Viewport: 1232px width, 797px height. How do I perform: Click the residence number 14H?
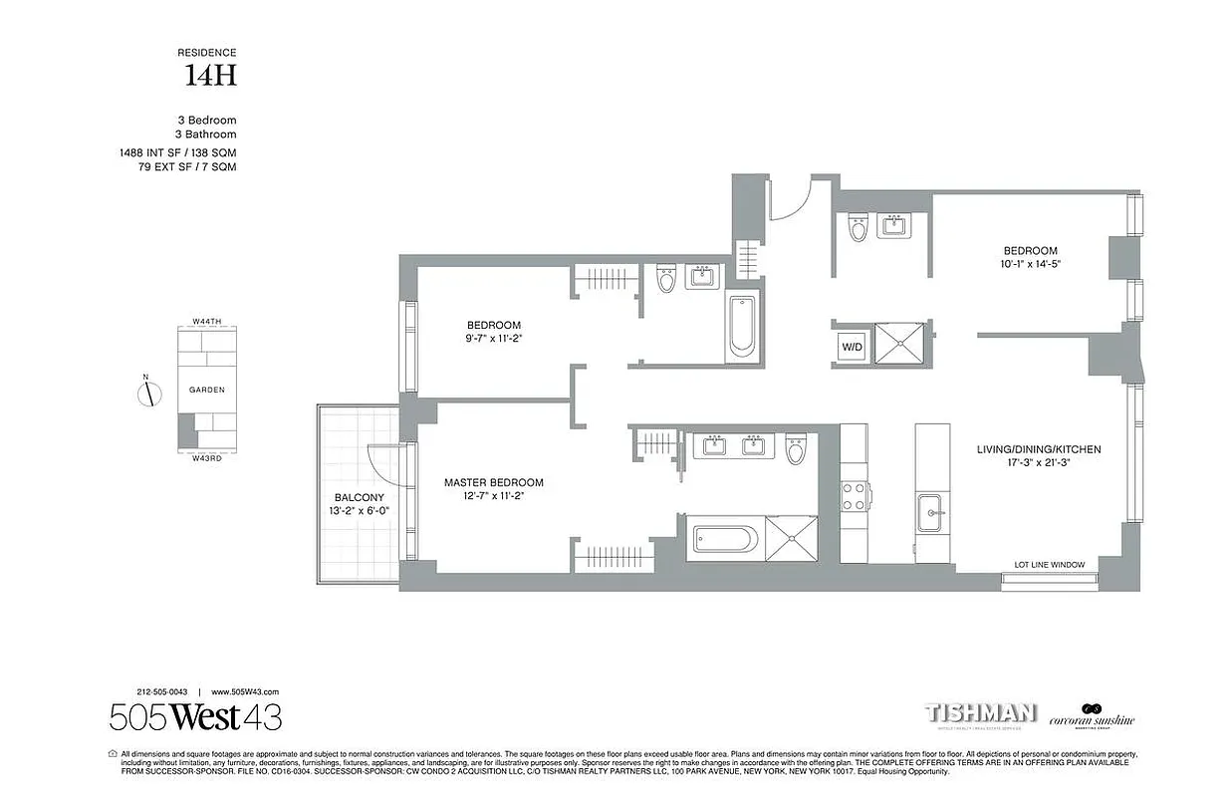click(x=209, y=75)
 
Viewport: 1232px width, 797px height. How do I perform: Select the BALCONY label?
click(x=359, y=497)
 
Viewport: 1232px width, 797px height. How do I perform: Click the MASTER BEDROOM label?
click(x=494, y=483)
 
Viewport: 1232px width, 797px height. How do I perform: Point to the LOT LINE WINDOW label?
click(x=1049, y=565)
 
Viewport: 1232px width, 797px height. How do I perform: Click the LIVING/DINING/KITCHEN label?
click(x=1039, y=449)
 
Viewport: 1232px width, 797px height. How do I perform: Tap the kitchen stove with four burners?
click(x=855, y=496)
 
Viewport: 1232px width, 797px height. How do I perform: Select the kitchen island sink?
click(x=932, y=514)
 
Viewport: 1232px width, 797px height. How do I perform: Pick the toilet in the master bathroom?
click(x=795, y=451)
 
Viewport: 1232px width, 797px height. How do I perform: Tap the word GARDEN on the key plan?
click(x=207, y=390)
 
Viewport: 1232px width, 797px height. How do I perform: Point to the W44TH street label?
click(x=206, y=321)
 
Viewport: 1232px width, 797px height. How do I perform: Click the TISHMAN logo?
click(x=981, y=713)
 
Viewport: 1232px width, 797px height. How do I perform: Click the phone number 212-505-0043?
click(x=162, y=691)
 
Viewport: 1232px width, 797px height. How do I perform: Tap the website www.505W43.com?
click(x=245, y=691)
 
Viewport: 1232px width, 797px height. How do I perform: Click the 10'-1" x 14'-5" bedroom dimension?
click(x=1031, y=266)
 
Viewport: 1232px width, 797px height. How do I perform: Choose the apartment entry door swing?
click(x=793, y=199)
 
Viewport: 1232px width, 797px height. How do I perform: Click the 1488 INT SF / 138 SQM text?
click(x=178, y=152)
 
